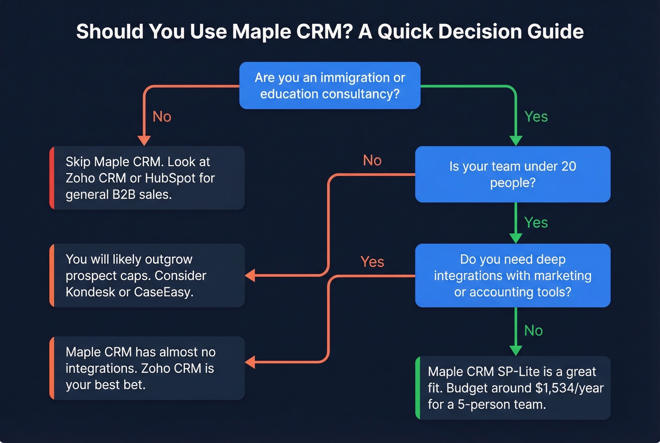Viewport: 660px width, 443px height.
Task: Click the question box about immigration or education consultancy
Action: coord(330,85)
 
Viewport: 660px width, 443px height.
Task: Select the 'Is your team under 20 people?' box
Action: coord(512,174)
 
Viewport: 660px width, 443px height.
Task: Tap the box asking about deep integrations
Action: coord(512,276)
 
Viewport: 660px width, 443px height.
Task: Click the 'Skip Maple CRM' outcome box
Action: coord(147,178)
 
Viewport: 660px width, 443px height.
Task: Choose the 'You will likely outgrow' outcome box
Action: coord(147,276)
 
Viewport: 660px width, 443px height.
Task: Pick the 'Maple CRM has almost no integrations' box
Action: coord(147,368)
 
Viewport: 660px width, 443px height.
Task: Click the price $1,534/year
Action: coord(569,388)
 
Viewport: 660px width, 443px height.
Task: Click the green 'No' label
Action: coord(533,331)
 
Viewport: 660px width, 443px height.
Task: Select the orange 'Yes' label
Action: coord(372,262)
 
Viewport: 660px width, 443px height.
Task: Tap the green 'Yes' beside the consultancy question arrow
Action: coord(536,117)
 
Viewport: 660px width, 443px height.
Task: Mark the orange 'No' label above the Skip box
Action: coord(162,117)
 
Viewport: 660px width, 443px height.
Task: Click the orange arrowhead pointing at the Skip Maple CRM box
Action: coord(144,141)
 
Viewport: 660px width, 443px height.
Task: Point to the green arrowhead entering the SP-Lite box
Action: coord(516,350)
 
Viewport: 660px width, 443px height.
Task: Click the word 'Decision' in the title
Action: coord(478,32)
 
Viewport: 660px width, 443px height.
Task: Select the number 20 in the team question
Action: coord(569,167)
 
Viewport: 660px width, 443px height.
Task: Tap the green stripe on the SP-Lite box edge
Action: coord(418,388)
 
